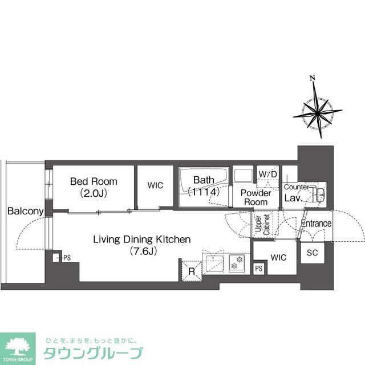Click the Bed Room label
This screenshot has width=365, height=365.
coord(94,181)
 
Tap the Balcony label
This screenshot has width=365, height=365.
coord(25,211)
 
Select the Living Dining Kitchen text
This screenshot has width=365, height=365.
coord(142,240)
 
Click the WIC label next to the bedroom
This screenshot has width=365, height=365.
coord(155,185)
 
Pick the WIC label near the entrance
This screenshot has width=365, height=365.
coord(278,257)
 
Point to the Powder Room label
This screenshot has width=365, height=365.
coord(255,197)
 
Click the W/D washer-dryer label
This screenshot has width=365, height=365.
coord(268,174)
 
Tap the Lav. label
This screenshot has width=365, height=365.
coord(293,198)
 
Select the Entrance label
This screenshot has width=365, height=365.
coord(316,224)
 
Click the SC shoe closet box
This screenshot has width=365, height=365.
coord(312,253)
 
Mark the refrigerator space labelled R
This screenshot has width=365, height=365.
coord(192,271)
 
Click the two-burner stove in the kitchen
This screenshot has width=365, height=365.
coord(237,263)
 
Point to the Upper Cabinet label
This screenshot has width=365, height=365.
coord(262,224)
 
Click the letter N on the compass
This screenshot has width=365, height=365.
coord(313,78)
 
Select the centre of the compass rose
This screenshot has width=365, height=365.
coord(318,113)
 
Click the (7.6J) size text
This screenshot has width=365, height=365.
coord(143,251)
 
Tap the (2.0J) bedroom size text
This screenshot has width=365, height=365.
coord(94,193)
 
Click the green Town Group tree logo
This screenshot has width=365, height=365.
coord(18,348)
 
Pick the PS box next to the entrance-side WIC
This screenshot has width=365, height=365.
coord(258,269)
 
